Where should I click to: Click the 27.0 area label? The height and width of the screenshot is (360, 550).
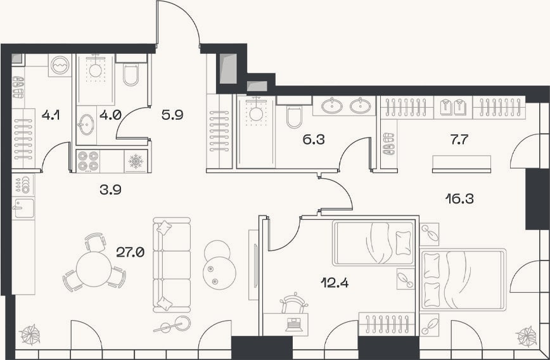point(130,252)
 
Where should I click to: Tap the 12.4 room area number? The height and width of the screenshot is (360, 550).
point(335,283)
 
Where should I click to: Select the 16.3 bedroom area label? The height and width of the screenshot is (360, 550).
point(459,199)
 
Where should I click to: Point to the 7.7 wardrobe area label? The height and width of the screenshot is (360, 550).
point(459,139)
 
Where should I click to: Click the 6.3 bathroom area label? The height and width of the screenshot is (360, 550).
point(314,139)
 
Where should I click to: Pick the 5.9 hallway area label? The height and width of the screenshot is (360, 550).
point(172,114)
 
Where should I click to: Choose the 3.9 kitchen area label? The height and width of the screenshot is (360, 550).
point(110,190)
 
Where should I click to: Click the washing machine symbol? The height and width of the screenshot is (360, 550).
point(60,65)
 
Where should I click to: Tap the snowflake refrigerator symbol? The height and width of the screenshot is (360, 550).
point(136,161)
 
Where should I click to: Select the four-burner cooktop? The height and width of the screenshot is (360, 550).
point(88,161)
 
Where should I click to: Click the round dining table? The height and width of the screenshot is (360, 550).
point(94,269)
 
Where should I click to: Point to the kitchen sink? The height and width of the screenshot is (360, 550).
point(23,209)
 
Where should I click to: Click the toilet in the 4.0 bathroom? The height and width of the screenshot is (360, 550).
point(131,74)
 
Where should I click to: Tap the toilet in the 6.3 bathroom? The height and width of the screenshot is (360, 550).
point(294,117)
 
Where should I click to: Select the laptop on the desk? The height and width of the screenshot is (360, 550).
point(294,325)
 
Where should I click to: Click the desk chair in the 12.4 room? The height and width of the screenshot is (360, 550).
point(294,303)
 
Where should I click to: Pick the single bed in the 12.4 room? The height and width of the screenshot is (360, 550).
point(373,243)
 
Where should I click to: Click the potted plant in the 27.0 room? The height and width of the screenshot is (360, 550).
point(30,335)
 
